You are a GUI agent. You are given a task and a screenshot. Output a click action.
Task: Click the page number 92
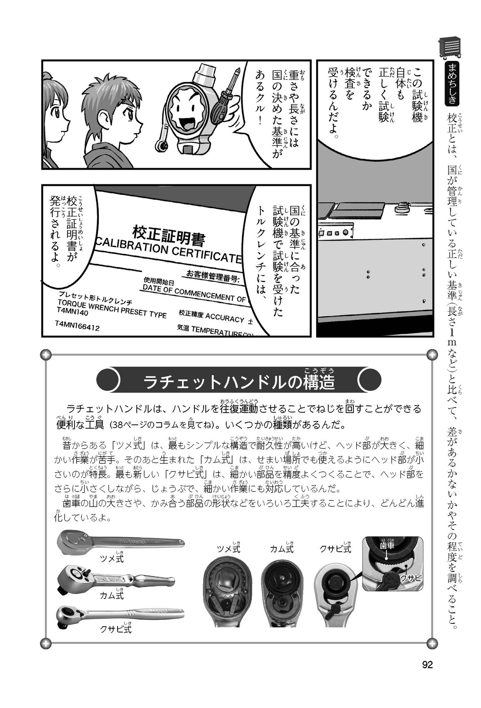click(428, 664)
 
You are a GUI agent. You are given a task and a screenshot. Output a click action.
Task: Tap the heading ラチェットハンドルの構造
click(239, 382)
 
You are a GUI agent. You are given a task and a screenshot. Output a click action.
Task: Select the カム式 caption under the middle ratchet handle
click(112, 595)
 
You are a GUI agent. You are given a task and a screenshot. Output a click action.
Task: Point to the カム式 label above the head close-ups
click(281, 549)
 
